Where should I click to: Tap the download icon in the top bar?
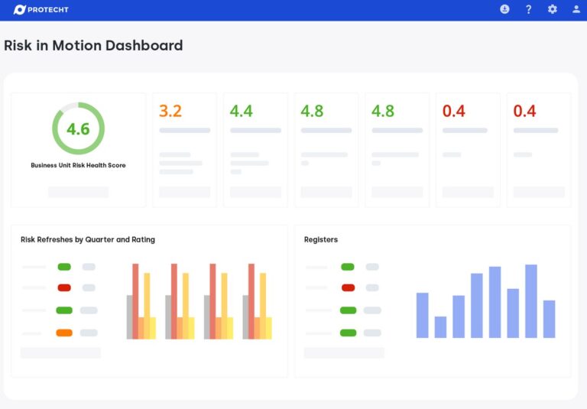point(504,9)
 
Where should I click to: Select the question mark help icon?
point(528,9)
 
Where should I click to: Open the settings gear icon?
point(553,9)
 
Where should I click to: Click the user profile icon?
point(576,9)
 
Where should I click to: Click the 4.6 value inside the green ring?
point(78,129)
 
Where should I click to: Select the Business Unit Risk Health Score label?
point(78,165)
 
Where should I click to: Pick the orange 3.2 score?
point(170,112)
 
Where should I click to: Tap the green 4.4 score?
point(242,112)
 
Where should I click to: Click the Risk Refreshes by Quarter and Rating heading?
point(88,239)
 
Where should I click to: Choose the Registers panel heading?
point(321,239)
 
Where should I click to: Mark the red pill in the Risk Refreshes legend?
point(64,287)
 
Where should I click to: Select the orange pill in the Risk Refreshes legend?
point(64,333)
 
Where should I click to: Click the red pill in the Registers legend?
point(348,287)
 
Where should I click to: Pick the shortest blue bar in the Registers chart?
point(440,327)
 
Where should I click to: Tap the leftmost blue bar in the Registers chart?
point(422,315)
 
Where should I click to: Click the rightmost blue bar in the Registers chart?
point(549,319)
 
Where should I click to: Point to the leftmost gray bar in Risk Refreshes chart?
point(129,316)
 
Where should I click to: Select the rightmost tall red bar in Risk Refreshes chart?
point(251,301)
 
